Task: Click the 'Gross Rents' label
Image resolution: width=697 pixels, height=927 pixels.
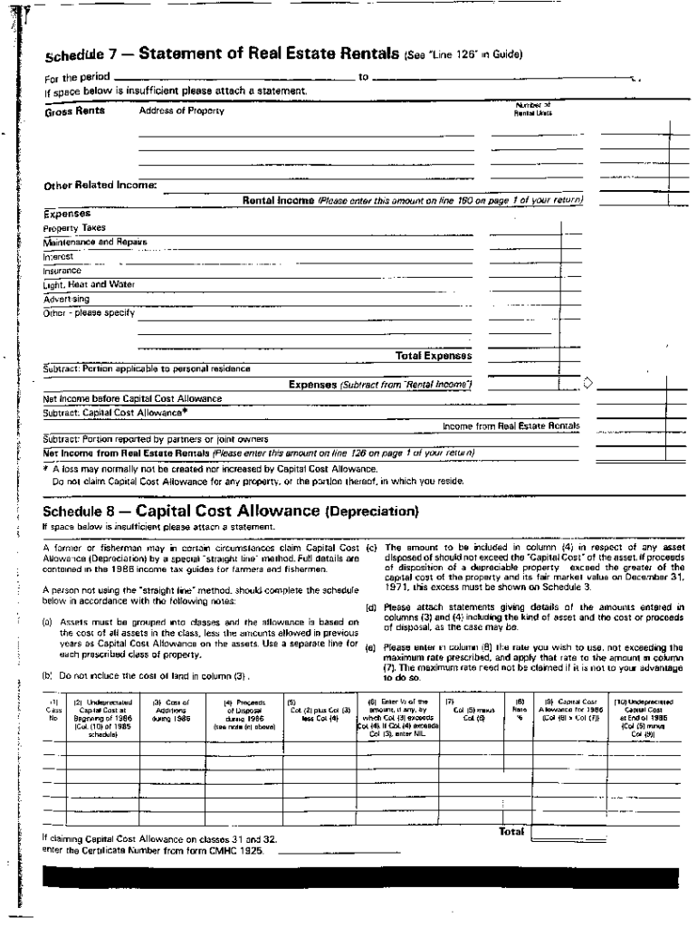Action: coord(74,110)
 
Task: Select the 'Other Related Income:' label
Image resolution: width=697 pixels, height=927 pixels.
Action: coord(100,186)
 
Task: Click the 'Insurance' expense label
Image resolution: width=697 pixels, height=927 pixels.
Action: coord(62,270)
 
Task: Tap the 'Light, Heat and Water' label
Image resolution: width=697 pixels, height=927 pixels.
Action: coord(89,284)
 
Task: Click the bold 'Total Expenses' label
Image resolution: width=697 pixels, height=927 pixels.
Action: coord(434,356)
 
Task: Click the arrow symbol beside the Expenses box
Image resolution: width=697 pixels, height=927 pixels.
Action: coord(588,384)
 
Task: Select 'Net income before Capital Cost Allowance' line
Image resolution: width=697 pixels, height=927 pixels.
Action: coord(132,398)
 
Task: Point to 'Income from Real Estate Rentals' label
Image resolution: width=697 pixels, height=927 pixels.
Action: coord(511,425)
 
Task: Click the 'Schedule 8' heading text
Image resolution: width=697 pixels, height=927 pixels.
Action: coord(82,511)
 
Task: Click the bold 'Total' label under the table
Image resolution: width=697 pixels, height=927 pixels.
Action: coord(511,831)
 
